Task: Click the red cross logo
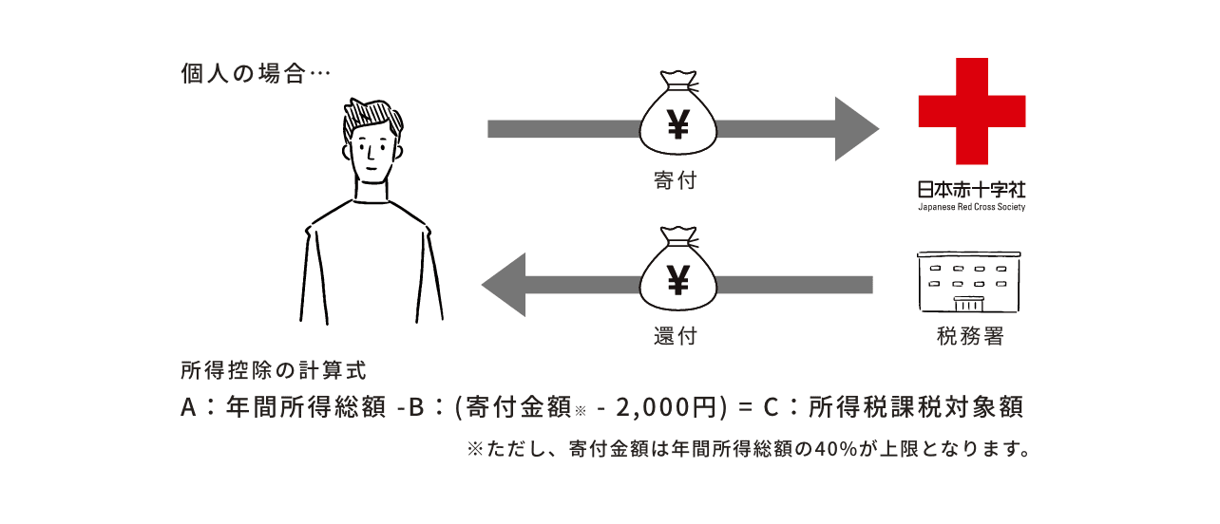pyautogui.click(x=971, y=110)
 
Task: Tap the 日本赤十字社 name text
pyautogui.click(x=971, y=189)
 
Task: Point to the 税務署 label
pyautogui.click(x=971, y=337)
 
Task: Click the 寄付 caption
pyautogui.click(x=676, y=179)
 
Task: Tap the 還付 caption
pyautogui.click(x=676, y=337)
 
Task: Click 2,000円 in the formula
pyautogui.click(x=665, y=408)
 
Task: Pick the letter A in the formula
pyautogui.click(x=188, y=408)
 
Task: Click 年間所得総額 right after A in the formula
pyautogui.click(x=306, y=408)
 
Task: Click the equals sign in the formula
pyautogui.click(x=745, y=408)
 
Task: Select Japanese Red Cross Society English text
pyautogui.click(x=971, y=206)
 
